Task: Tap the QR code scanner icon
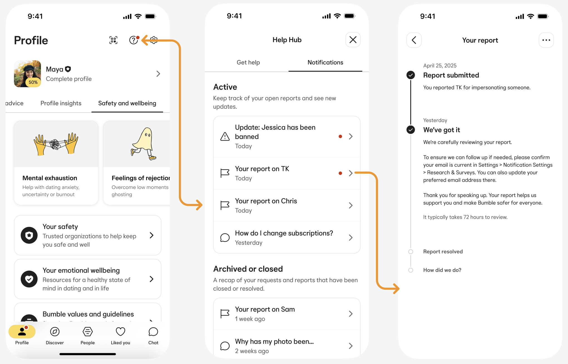[x=113, y=40]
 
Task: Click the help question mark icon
[x=134, y=40]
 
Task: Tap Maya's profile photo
[x=28, y=74]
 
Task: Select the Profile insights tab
[x=61, y=103]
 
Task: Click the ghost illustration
[x=144, y=144]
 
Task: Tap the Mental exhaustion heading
[x=50, y=178]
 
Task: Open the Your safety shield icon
[x=29, y=235]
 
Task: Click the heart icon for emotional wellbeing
[x=29, y=279]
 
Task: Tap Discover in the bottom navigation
[x=55, y=335]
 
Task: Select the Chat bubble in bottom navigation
[x=153, y=335]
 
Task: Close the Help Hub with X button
[x=353, y=40]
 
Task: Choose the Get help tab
[x=248, y=62]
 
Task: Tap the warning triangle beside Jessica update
[x=225, y=136]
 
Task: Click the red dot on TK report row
[x=340, y=173]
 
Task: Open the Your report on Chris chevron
[x=351, y=205]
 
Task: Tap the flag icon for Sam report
[x=225, y=314]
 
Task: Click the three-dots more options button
[x=546, y=40]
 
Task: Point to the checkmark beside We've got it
[x=411, y=130]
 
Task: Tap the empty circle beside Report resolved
[x=411, y=252]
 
